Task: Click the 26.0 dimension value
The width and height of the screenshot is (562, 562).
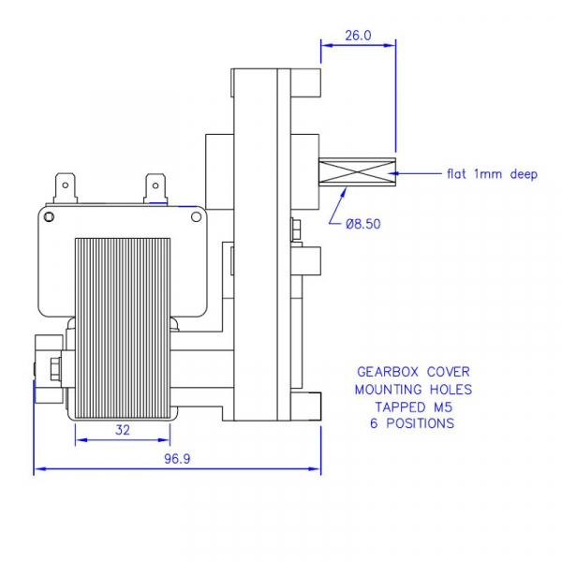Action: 359,35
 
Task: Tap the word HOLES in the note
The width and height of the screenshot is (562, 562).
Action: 451,389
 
